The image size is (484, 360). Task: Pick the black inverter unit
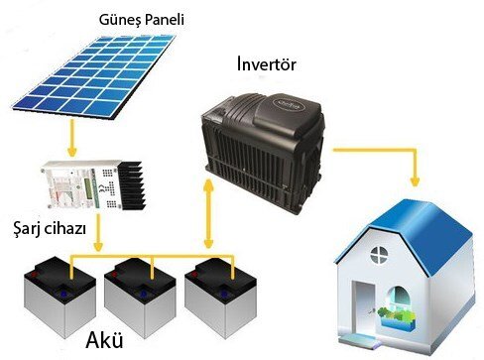263,138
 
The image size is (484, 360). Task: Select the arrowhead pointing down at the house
413,186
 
